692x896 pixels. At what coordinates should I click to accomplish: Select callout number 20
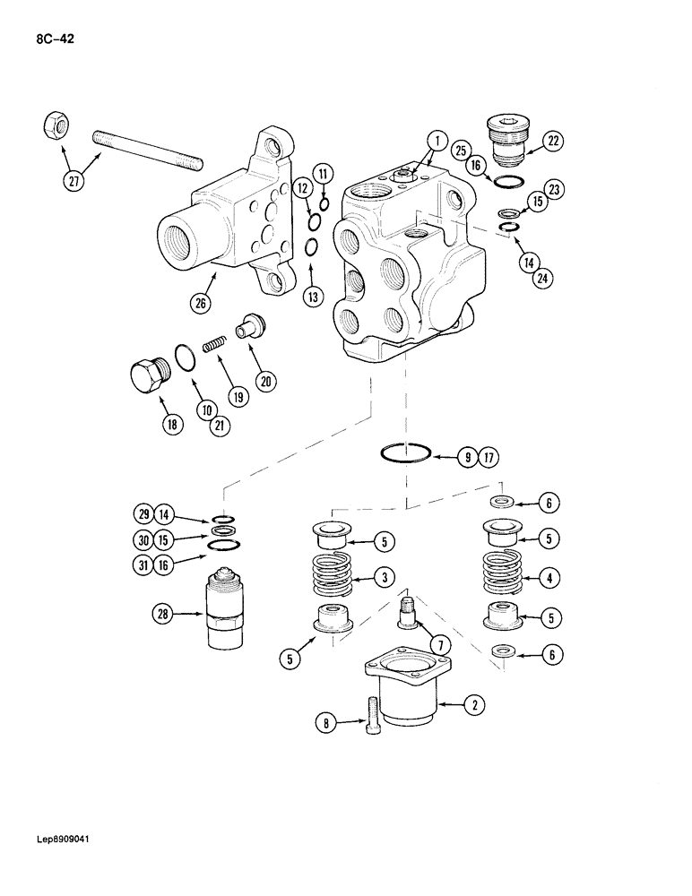tap(264, 381)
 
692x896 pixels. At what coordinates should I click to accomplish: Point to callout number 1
tap(436, 140)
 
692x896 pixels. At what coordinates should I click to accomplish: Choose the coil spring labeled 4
tap(505, 577)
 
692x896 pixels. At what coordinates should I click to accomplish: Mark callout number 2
tap(473, 705)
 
